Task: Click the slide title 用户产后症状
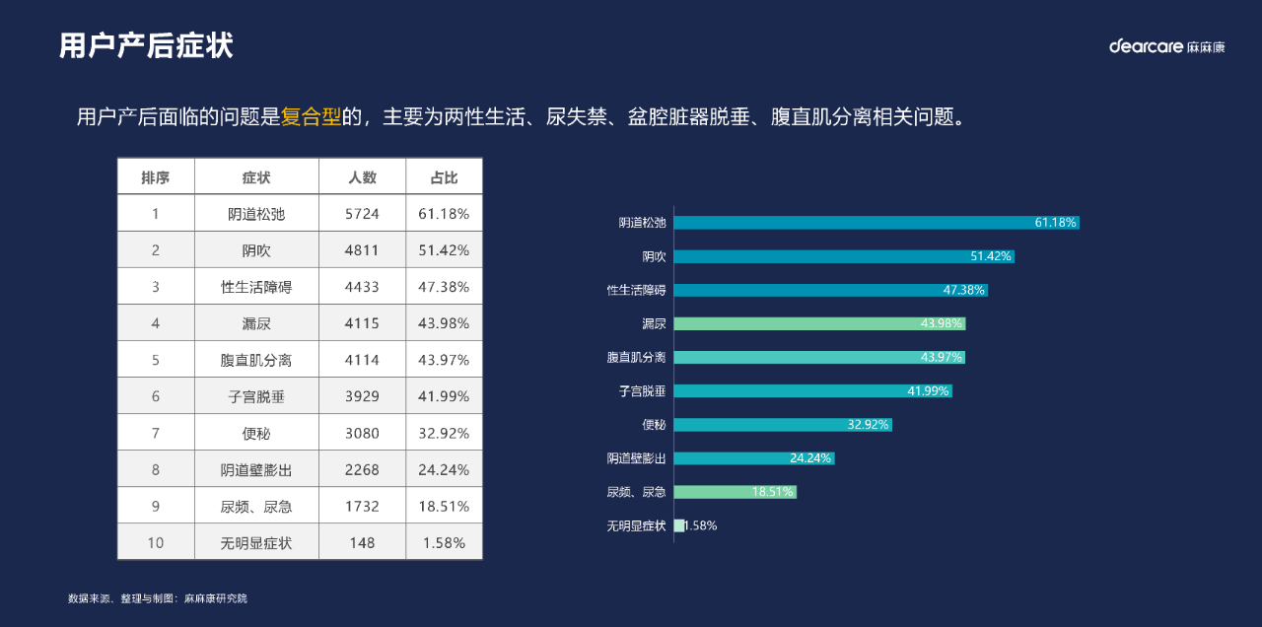click(x=146, y=46)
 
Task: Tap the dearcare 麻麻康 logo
click(x=1166, y=46)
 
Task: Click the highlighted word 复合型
click(x=311, y=117)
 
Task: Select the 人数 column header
click(x=362, y=177)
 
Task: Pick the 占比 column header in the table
click(x=444, y=177)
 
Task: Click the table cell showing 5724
click(x=362, y=214)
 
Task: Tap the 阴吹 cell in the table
click(x=256, y=250)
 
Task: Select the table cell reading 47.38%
click(x=444, y=287)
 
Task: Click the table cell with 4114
click(x=362, y=360)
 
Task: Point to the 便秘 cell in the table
click(x=256, y=433)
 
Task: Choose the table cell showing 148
click(x=362, y=542)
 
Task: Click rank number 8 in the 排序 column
click(x=156, y=469)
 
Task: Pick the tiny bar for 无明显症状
click(x=678, y=525)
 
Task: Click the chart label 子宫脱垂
click(x=642, y=391)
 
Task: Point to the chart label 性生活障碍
click(x=636, y=290)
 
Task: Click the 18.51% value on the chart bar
click(x=773, y=492)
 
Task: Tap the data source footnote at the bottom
click(x=158, y=598)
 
